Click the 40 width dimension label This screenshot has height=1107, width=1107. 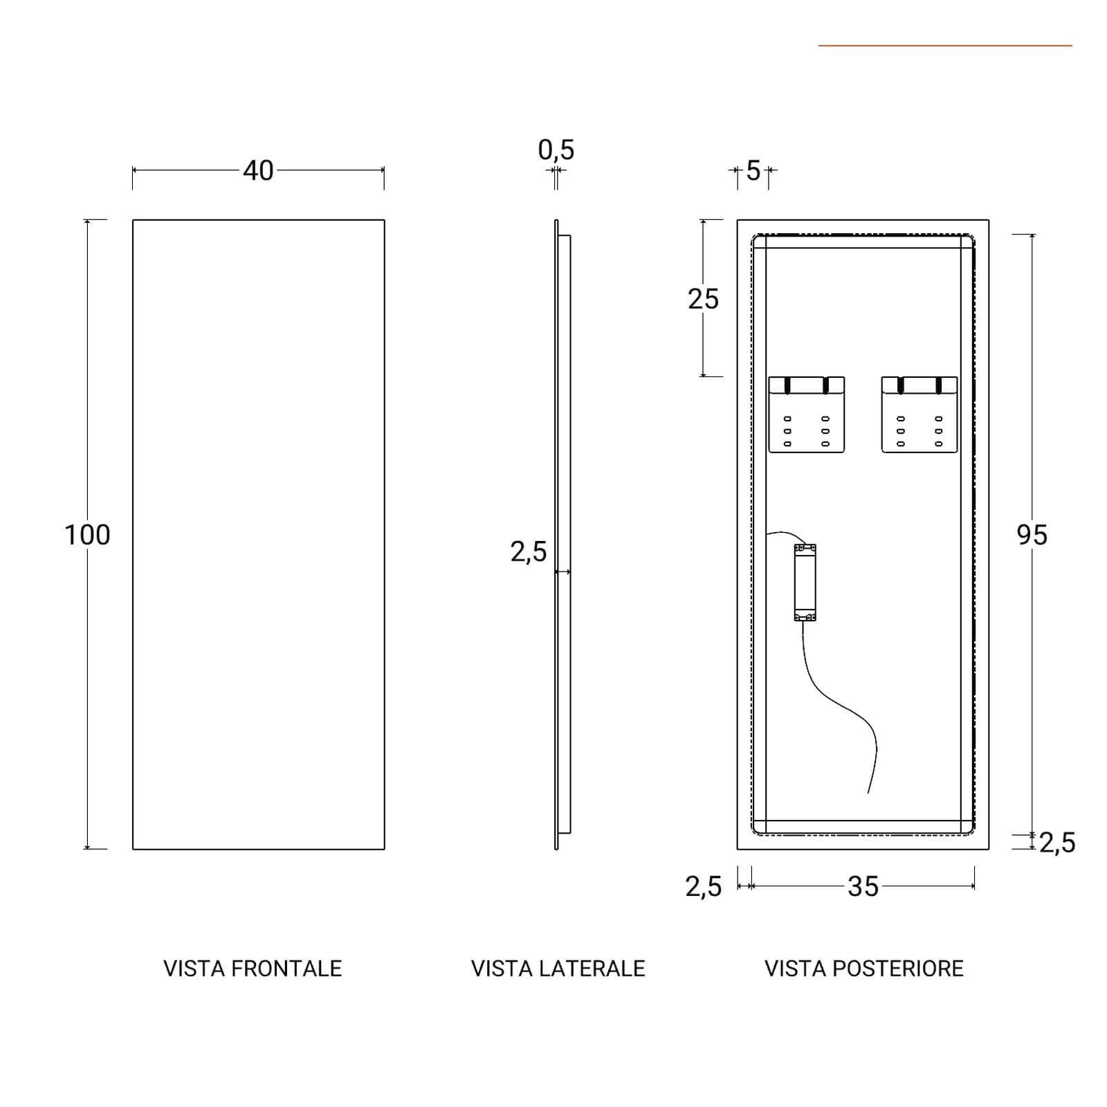pyautogui.click(x=258, y=170)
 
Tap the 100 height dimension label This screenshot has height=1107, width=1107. pyautogui.click(x=87, y=535)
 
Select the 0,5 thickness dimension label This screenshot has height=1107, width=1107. pyautogui.click(x=556, y=149)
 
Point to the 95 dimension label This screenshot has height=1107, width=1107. pyautogui.click(x=1032, y=535)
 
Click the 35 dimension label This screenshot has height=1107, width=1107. pyautogui.click(x=863, y=886)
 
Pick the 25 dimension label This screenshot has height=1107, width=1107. pyautogui.click(x=703, y=299)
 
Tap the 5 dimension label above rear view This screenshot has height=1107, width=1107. pyautogui.click(x=753, y=170)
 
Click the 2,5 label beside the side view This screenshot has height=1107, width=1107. pyautogui.click(x=529, y=552)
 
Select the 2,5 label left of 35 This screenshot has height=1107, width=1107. pyautogui.click(x=704, y=886)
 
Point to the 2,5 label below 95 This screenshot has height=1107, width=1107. pyautogui.click(x=1057, y=843)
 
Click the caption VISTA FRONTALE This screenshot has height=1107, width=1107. pyautogui.click(x=253, y=969)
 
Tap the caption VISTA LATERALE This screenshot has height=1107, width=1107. pyautogui.click(x=558, y=969)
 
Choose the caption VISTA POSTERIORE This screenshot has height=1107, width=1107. pyautogui.click(x=864, y=969)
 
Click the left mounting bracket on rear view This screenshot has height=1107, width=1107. pyautogui.click(x=807, y=415)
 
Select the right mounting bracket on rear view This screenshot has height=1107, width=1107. pyautogui.click(x=920, y=415)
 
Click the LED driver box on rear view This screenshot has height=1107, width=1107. pyautogui.click(x=805, y=582)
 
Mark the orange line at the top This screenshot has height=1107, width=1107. pyautogui.click(x=945, y=46)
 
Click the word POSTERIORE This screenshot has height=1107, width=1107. pyautogui.click(x=898, y=969)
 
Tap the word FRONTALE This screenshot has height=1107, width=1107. pyautogui.click(x=286, y=969)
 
